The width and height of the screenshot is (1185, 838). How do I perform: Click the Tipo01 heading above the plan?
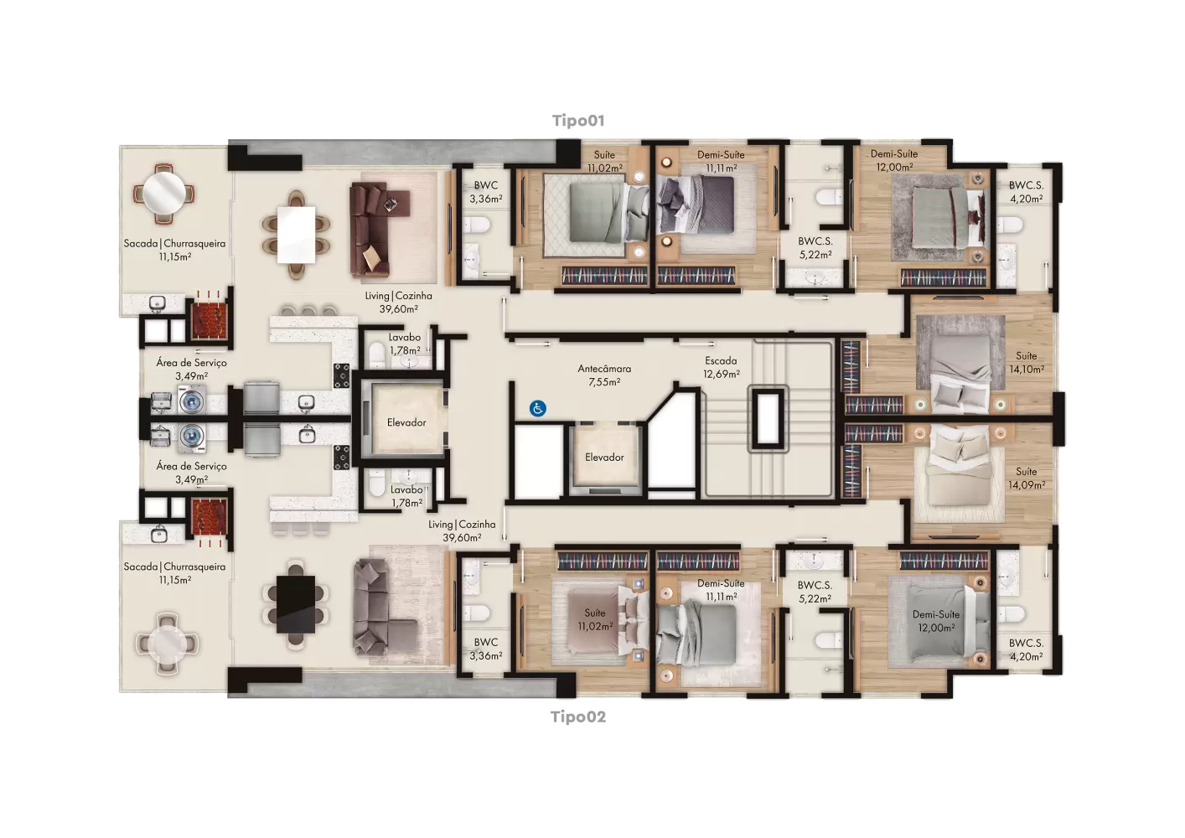point(578,121)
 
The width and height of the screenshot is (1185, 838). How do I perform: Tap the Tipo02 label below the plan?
point(578,716)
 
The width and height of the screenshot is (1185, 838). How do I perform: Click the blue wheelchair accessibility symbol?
point(537,408)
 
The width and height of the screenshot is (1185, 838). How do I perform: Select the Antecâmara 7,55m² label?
point(604,375)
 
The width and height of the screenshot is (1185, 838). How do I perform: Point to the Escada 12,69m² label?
point(721,367)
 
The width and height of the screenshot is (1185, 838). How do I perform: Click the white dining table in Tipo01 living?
point(297,235)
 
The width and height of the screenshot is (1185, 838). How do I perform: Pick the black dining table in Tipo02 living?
point(296,603)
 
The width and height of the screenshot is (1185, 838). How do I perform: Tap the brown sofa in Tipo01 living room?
point(374,229)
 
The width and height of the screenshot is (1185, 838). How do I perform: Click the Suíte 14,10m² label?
point(1027,362)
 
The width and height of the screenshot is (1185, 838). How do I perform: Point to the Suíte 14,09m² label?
point(1027,478)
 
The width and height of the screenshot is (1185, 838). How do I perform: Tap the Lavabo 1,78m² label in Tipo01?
point(405,344)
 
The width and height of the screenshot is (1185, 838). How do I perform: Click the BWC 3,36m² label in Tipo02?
point(485,649)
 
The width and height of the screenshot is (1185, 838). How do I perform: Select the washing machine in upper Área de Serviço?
point(192,400)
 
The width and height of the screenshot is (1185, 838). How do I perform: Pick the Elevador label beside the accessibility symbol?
point(604,457)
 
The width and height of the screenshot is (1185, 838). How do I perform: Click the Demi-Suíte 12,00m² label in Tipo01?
point(894,160)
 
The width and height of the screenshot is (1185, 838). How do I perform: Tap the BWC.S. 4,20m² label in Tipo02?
point(1026,649)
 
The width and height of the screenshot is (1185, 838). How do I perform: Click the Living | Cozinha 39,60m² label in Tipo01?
point(398,302)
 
